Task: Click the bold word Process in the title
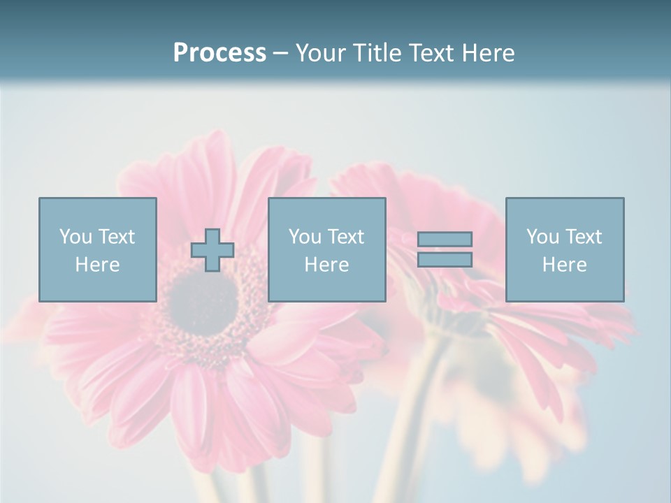(219, 53)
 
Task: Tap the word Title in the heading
(376, 53)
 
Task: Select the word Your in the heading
(321, 53)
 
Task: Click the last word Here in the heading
(489, 53)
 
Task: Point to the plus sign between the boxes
(212, 250)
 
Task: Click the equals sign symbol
(445, 249)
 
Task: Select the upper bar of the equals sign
(445, 240)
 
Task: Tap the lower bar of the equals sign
(445, 259)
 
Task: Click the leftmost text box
(97, 249)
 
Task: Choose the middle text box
(326, 249)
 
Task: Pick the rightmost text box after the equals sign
(564, 249)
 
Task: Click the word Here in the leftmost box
(97, 264)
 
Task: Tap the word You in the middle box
(305, 237)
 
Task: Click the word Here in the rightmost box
(564, 264)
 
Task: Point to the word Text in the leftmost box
(116, 237)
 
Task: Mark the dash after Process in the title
(280, 53)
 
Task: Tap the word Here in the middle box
(326, 264)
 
